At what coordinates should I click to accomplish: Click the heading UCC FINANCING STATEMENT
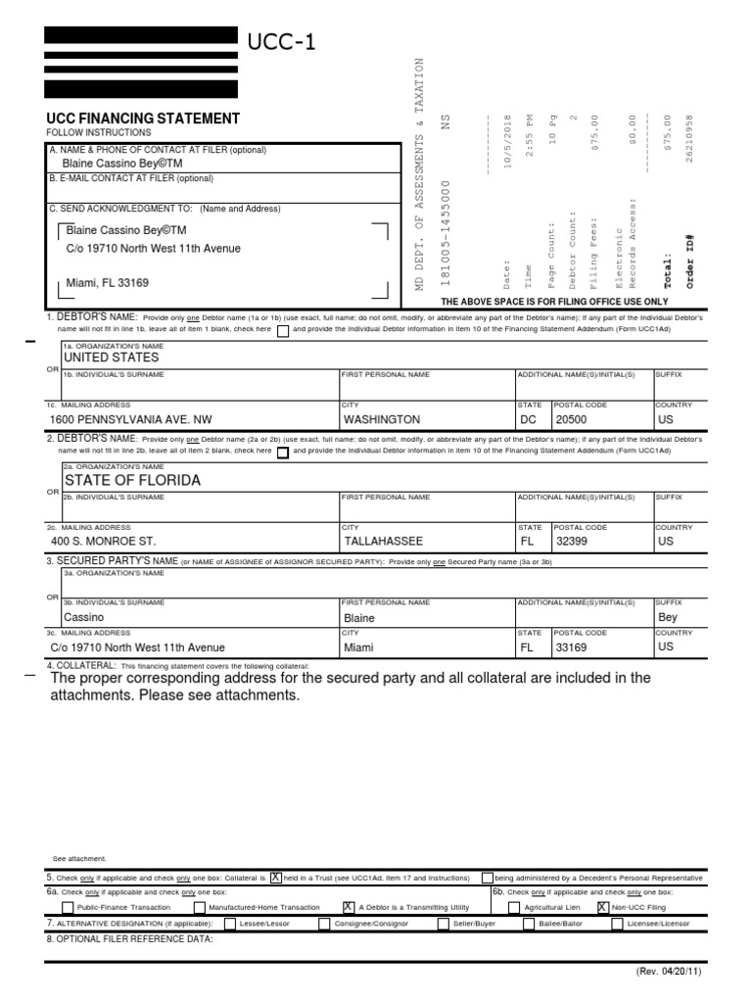[143, 119]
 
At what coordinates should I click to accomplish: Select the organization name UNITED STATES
[111, 358]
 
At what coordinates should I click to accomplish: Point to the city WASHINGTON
[382, 418]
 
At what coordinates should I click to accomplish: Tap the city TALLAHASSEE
[384, 541]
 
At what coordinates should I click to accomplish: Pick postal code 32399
[574, 541]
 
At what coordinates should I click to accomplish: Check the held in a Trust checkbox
[276, 877]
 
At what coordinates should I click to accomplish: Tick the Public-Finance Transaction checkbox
[67, 908]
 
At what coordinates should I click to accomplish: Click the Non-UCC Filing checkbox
[602, 908]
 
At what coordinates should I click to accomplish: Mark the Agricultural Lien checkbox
[515, 908]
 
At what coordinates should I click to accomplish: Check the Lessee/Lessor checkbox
[229, 924]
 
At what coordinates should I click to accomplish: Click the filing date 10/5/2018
[507, 143]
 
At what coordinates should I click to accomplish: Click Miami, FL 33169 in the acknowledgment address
[108, 283]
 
